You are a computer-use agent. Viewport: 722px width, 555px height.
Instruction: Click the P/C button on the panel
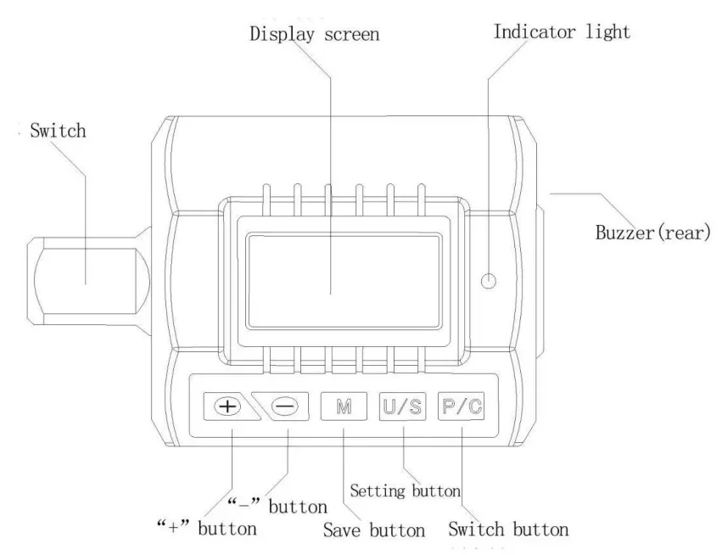[462, 406]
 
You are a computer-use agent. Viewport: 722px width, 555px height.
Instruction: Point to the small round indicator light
[488, 281]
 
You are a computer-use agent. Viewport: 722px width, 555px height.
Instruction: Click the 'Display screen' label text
[314, 35]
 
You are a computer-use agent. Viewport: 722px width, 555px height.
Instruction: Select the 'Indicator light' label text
[561, 32]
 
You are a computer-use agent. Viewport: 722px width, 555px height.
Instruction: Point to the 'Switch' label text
[58, 132]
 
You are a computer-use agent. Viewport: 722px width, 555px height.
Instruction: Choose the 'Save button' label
[374, 530]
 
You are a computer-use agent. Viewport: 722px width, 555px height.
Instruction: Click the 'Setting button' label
[405, 491]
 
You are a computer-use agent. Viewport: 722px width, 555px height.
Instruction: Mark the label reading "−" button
[277, 505]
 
